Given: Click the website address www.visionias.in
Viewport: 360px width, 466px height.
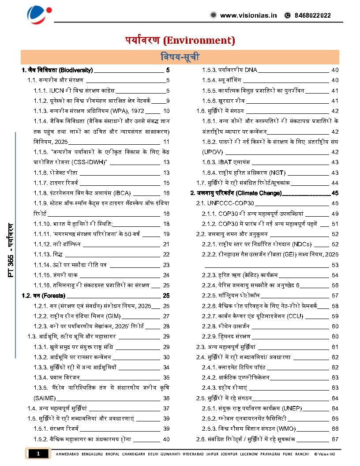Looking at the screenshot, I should click(x=248, y=15).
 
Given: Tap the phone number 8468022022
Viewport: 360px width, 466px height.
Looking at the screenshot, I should click(x=314, y=15).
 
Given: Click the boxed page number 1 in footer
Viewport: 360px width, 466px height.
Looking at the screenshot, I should click(x=38, y=454).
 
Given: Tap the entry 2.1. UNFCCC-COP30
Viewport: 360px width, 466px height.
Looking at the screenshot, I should click(x=225, y=203).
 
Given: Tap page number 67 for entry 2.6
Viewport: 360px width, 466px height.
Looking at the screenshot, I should click(x=335, y=439).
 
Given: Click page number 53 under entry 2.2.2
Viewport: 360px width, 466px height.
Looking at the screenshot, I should click(x=335, y=265).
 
